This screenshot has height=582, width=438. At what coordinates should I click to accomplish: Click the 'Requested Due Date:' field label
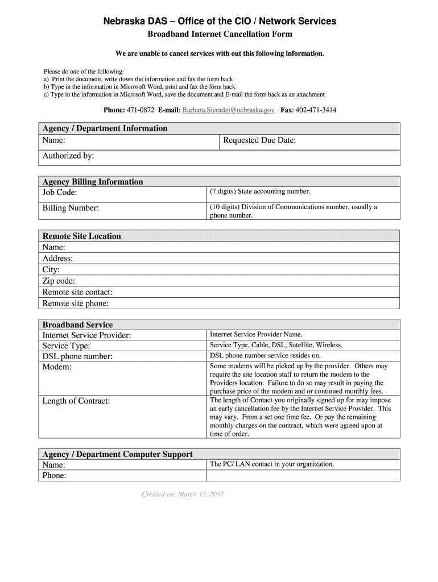coord(259,140)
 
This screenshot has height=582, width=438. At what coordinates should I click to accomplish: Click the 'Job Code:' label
coord(60,192)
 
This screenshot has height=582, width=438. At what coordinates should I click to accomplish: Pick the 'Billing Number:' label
coord(71,208)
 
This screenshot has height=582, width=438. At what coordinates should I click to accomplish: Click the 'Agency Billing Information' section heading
coord(93,182)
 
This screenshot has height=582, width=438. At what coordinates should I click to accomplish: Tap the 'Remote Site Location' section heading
coord(82,236)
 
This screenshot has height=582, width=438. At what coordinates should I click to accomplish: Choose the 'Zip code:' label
coord(59,281)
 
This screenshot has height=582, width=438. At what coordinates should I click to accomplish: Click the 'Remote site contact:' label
coord(77,292)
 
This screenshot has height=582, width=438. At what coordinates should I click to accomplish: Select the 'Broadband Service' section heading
coord(77,325)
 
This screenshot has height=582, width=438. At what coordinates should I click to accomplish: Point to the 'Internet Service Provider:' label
coord(86,335)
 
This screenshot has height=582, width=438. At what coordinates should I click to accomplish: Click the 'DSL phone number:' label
coord(77,356)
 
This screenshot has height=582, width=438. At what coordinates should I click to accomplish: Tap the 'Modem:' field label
coord(57,367)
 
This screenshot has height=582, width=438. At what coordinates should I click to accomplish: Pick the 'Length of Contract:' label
coord(76,401)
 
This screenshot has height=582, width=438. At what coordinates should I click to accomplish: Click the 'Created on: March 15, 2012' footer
coord(183,494)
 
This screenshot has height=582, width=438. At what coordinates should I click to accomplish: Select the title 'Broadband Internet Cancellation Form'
coord(220,35)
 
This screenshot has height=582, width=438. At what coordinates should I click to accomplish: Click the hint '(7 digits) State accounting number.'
coord(260,192)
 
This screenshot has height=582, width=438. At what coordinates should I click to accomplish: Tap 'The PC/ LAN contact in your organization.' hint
coord(272,464)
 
